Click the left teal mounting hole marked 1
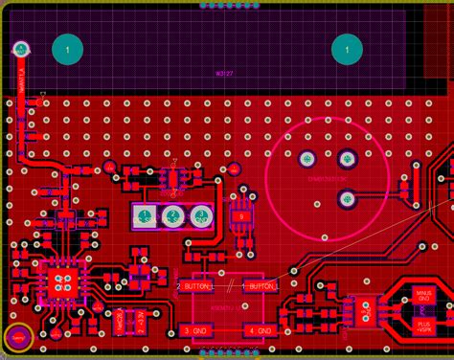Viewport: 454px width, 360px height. (x=66, y=49)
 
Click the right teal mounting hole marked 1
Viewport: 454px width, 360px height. (x=346, y=49)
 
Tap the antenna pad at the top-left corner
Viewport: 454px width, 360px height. (x=20, y=47)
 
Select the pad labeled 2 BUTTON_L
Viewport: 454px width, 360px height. (x=196, y=285)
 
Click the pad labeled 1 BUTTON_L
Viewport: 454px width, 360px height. (x=259, y=285)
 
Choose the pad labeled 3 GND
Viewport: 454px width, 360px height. (x=196, y=330)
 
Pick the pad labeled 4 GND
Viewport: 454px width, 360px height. (x=259, y=330)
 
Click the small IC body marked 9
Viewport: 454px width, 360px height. (x=242, y=217)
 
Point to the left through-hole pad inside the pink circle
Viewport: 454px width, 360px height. (x=306, y=158)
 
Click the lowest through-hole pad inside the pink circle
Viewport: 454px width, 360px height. (x=347, y=198)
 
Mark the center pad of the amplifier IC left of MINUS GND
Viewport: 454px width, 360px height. (x=364, y=310)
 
